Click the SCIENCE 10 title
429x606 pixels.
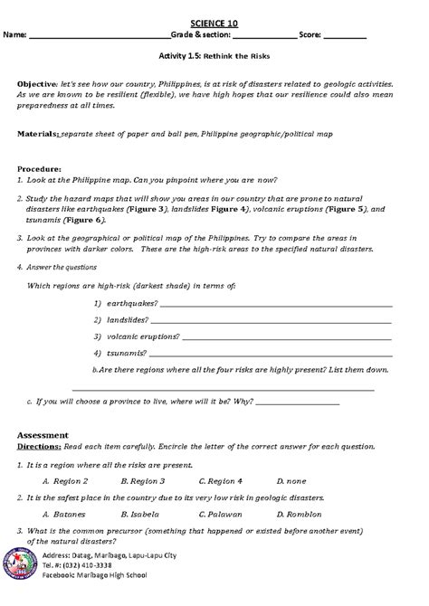tap(214, 20)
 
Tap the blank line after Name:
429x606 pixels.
tap(100, 38)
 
